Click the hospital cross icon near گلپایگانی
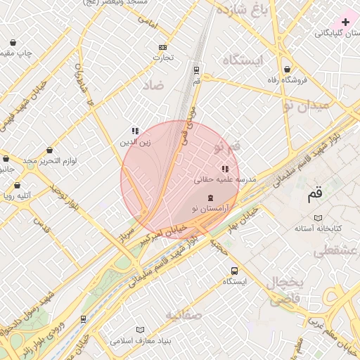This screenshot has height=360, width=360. (x=345, y=22)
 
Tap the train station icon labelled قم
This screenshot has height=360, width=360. (x=196, y=70)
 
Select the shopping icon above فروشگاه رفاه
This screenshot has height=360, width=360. (x=288, y=69)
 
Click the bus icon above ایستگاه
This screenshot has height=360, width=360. (x=234, y=271)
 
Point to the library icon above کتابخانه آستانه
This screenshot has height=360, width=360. (x=317, y=218)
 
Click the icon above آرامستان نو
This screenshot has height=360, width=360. (x=210, y=198)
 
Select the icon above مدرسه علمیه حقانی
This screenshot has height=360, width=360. (x=225, y=169)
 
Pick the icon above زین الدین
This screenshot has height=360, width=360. (x=135, y=131)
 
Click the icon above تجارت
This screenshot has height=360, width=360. (x=163, y=47)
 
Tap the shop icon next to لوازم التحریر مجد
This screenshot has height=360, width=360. (x=49, y=150)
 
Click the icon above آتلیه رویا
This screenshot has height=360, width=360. (x=18, y=186)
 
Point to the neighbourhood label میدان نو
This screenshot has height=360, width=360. (x=306, y=105)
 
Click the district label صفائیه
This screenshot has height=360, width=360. (x=185, y=315)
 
